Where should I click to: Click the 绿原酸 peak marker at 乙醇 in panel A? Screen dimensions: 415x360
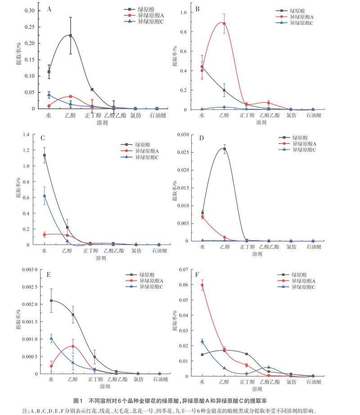(70, 36)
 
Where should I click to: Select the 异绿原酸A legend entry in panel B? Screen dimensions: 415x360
(301, 17)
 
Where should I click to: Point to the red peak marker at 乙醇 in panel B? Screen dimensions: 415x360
(224, 24)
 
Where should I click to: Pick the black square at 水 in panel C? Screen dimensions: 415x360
(44, 155)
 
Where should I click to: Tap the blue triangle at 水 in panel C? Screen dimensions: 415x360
(44, 196)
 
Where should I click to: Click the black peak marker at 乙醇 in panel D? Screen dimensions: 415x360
(225, 149)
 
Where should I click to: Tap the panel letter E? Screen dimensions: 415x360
(48, 275)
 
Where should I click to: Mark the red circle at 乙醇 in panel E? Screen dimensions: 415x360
(73, 346)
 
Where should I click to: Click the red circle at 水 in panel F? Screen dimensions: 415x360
(202, 285)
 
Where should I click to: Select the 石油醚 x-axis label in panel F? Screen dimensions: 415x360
(313, 382)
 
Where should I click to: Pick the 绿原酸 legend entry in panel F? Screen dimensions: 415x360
(299, 275)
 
